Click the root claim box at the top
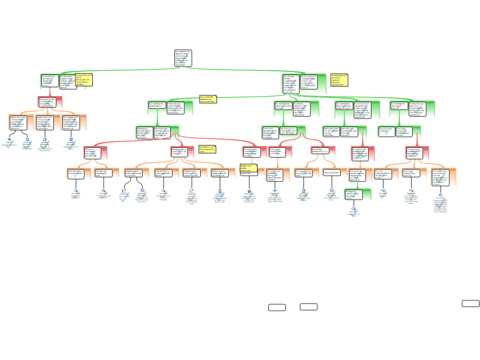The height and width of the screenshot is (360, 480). (x=183, y=58)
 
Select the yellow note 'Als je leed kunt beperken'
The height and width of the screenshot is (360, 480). (x=208, y=99)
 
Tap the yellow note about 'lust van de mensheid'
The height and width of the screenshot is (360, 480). (x=84, y=80)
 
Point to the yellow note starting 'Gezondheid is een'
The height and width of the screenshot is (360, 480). (x=207, y=149)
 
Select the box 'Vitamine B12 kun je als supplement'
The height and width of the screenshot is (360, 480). (x=163, y=173)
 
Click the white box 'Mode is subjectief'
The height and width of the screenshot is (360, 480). (x=331, y=173)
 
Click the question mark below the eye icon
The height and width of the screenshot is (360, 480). (x=275, y=197)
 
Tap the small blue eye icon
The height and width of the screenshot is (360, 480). (x=275, y=190)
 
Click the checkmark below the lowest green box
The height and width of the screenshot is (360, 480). (x=353, y=213)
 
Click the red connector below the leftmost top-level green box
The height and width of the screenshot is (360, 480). (x=49, y=93)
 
